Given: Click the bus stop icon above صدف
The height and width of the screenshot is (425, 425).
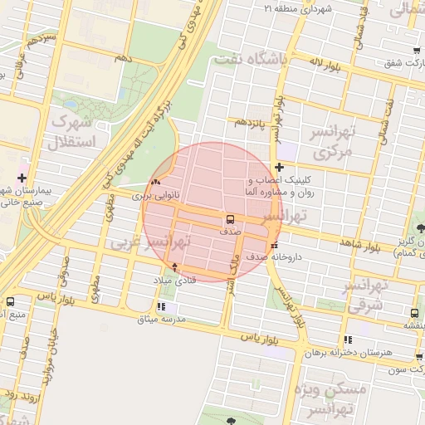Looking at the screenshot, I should coord(228,220).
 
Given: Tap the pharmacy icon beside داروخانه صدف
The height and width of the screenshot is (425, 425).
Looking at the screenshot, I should coord(274,245).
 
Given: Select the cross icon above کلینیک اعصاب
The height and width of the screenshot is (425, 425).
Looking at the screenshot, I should coord(279,168).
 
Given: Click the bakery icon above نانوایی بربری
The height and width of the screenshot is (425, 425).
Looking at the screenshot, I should coord(157,183).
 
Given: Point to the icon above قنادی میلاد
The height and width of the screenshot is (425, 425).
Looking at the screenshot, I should coord(174,267).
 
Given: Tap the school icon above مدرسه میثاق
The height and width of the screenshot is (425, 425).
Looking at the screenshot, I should coord(160,308).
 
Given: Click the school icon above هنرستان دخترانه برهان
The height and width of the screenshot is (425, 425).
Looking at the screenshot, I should coord(348,340).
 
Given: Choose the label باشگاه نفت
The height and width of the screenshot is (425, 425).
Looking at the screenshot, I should coord(250,60).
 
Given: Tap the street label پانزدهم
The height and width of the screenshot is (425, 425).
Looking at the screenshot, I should coord(248,122).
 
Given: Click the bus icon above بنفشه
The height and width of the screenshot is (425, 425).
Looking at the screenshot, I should coord(414,313).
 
